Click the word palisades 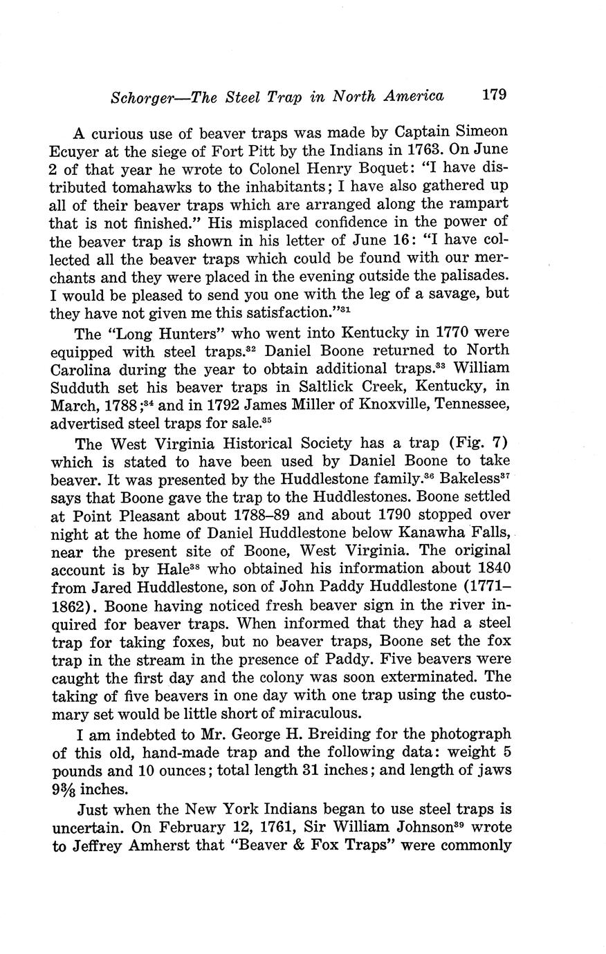pos(471,275)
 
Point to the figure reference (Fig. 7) pos(480,443)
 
